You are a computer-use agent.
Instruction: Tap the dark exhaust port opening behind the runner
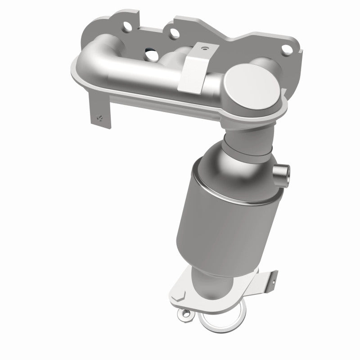[148, 56]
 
